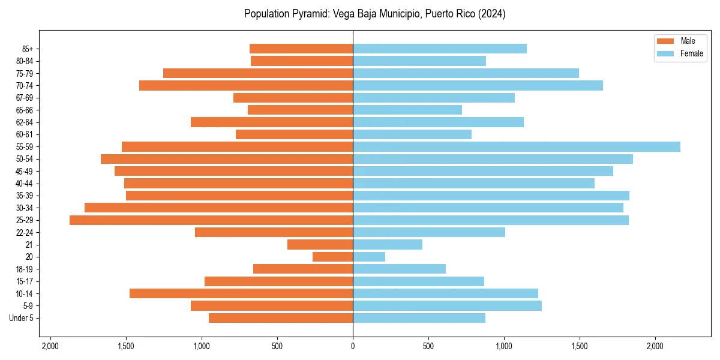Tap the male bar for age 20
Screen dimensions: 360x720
click(x=332, y=257)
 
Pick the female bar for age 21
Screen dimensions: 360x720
click(x=388, y=245)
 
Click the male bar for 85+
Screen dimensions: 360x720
click(x=301, y=49)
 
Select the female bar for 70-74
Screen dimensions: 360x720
click(x=478, y=86)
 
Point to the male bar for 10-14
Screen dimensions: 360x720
click(x=241, y=293)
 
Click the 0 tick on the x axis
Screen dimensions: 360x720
click(x=353, y=346)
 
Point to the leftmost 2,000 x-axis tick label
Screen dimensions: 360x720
click(x=50, y=346)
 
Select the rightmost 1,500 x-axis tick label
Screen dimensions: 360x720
click(x=579, y=346)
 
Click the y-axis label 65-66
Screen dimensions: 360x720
click(x=25, y=110)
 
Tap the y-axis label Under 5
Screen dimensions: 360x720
click(x=21, y=318)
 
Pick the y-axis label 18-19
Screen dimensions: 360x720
click(x=25, y=269)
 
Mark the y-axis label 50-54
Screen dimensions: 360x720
click(x=25, y=159)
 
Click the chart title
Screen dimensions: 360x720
click(x=374, y=14)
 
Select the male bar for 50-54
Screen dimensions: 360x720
click(x=227, y=159)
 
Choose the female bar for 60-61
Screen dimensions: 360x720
click(x=412, y=134)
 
